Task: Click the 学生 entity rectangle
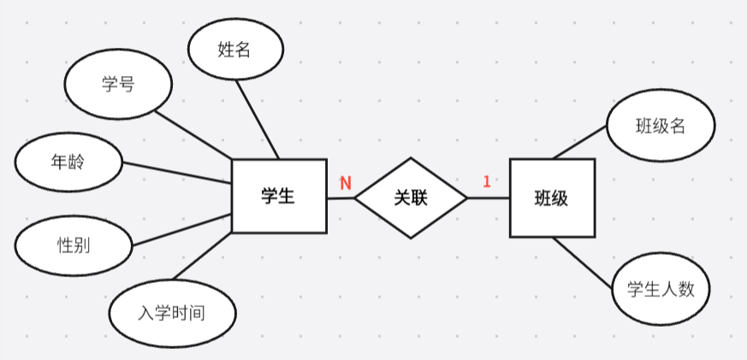279,197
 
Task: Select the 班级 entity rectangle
552,198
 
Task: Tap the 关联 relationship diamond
411,198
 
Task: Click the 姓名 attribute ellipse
235,50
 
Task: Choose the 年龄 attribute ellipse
68,161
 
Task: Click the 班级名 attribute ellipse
661,127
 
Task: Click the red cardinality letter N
346,183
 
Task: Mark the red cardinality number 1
486,181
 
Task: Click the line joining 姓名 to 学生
258,121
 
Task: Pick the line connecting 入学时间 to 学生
203,256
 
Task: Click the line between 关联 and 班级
489,198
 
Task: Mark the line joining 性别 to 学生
181,229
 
